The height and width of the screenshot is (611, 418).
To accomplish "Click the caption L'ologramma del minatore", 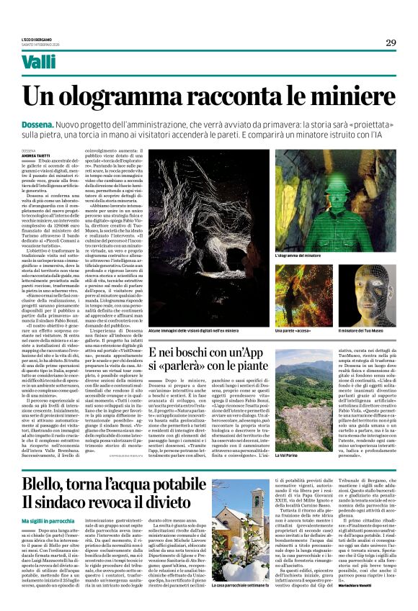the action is pyautogui.click(x=298, y=255).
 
